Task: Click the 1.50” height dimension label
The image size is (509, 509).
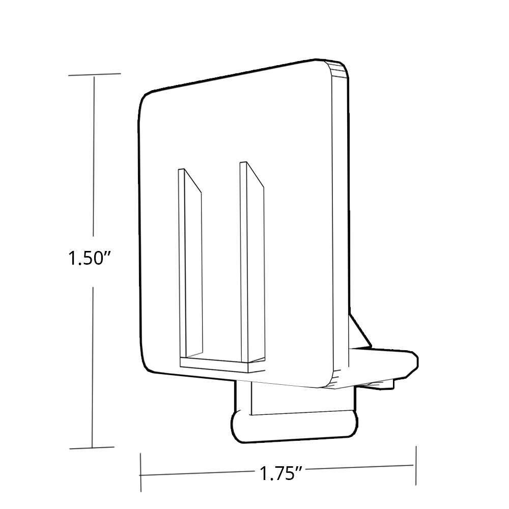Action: coord(90,259)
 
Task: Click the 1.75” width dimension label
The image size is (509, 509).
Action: coord(278,474)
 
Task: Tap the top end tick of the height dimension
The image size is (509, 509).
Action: coord(94,75)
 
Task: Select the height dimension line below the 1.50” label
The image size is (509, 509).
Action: coord(92,366)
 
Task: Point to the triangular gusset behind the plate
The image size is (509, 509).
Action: coord(359,331)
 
